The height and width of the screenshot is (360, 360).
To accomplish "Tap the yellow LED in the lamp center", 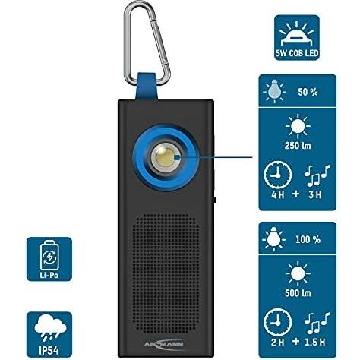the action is (x=165, y=157).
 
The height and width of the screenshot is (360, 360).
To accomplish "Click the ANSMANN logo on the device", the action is (x=163, y=343).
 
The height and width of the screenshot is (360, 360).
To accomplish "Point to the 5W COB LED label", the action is (x=297, y=53).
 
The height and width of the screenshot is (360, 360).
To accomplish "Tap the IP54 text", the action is (x=49, y=350).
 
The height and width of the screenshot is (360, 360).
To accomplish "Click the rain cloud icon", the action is (x=50, y=328).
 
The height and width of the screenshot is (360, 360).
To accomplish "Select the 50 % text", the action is (x=308, y=92).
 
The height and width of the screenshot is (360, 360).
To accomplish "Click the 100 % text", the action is (x=308, y=239).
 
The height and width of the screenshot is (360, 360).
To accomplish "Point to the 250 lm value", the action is (x=298, y=146).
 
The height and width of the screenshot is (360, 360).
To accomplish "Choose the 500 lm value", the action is (x=298, y=293).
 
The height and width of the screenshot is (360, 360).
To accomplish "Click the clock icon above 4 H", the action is (x=278, y=175).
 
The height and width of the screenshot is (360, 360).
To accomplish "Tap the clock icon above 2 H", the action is (x=278, y=322).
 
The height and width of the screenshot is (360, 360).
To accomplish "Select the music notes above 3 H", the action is (x=317, y=175).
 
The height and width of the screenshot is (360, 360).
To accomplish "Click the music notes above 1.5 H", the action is (x=317, y=323).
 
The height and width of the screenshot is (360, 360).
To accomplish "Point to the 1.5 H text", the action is (x=314, y=343).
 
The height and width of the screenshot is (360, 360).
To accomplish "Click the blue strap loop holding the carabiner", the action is (x=147, y=87).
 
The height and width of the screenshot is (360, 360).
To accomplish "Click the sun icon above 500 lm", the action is (x=298, y=273).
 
